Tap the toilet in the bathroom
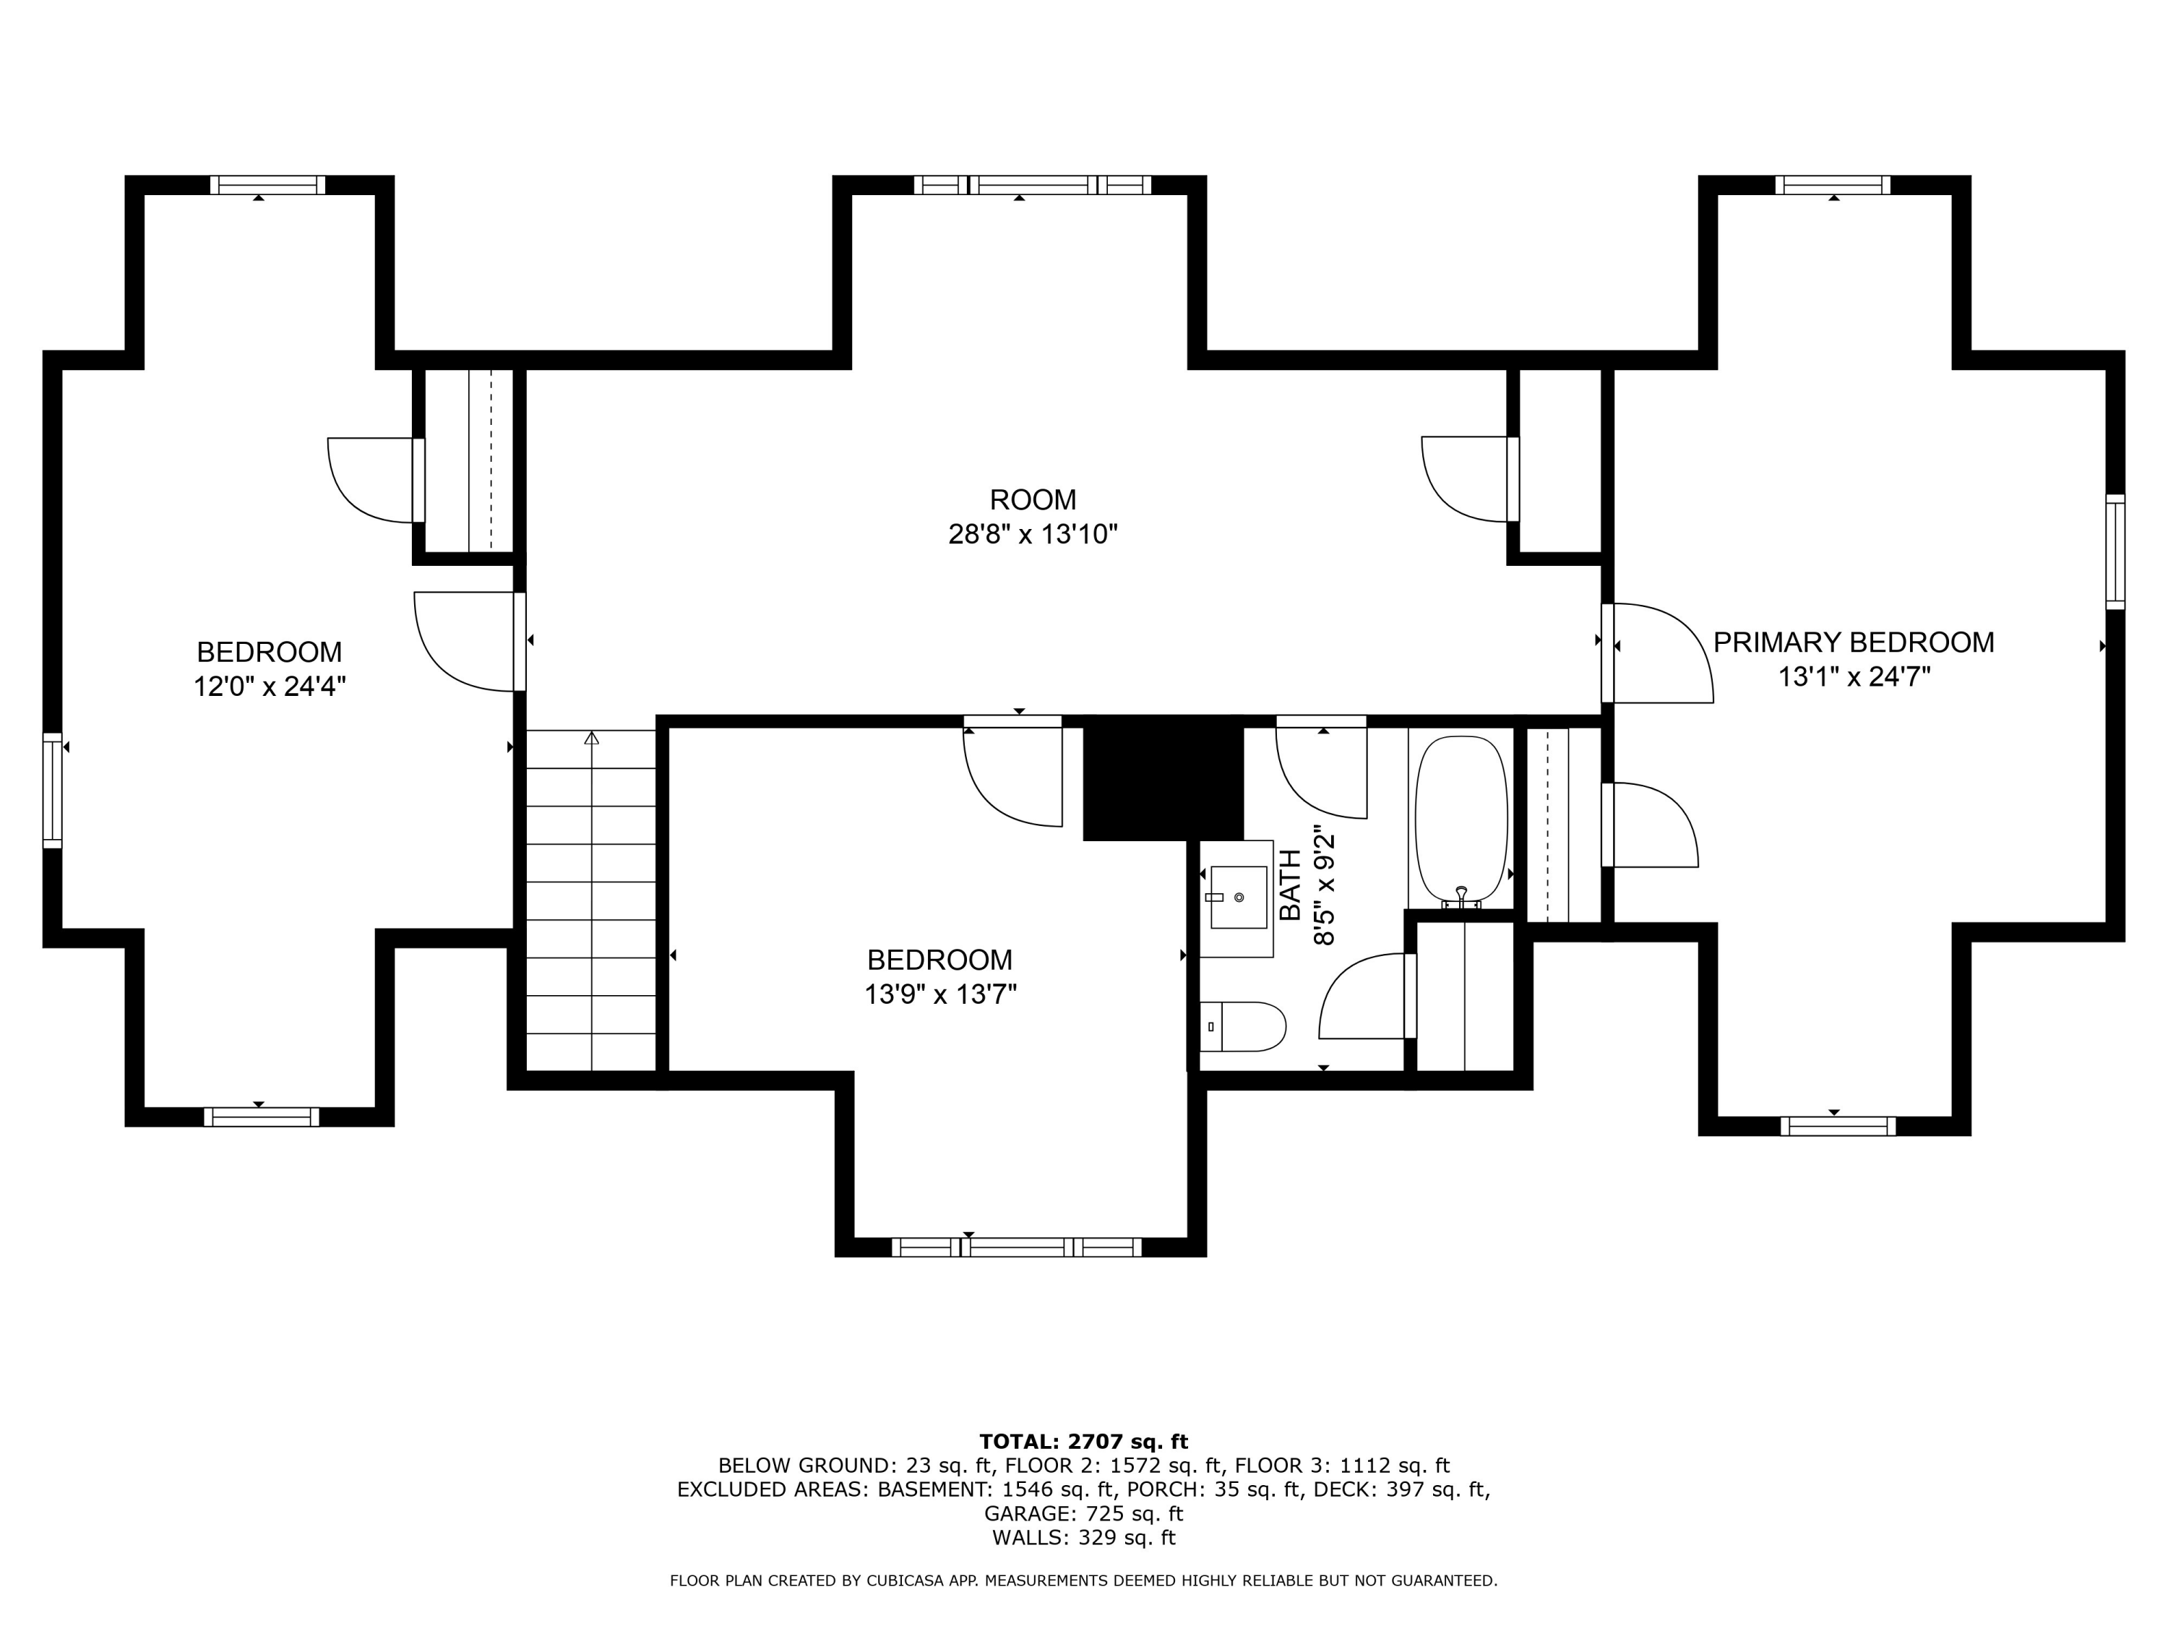(1242, 1026)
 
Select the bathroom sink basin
(1239, 897)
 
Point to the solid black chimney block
(1162, 779)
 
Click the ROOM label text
(1033, 500)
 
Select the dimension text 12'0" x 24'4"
(270, 686)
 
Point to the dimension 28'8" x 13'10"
(1033, 534)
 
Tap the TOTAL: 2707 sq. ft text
(1083, 1442)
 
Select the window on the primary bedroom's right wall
(2116, 552)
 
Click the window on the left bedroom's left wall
(52, 790)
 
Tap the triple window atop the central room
(1033, 184)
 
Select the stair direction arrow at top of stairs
(591, 737)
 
